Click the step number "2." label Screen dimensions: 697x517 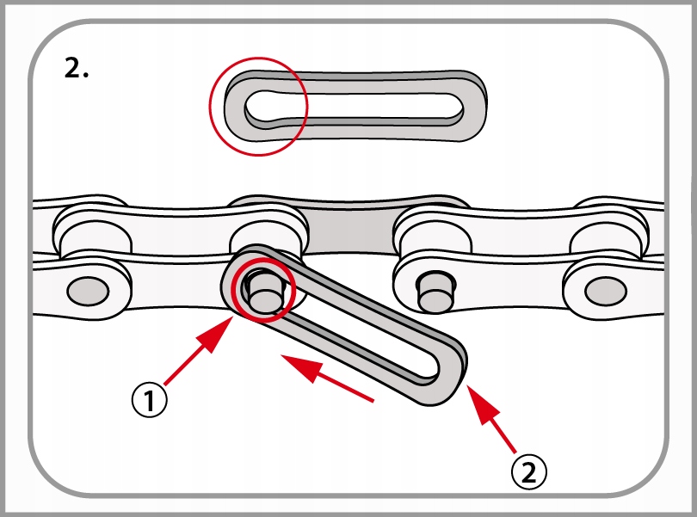point(77,70)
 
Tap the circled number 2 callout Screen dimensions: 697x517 point(528,471)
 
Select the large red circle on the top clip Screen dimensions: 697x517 point(258,108)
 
